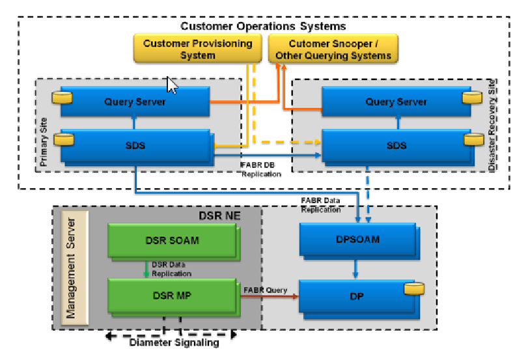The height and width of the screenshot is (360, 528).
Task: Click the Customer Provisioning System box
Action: pos(197,49)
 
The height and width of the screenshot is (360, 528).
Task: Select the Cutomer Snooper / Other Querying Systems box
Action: pos(333,49)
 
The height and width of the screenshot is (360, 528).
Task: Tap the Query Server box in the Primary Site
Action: pos(135,102)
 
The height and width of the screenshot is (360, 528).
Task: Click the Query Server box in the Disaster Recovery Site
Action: pos(396,102)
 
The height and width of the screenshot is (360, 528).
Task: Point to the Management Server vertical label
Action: pos(72,267)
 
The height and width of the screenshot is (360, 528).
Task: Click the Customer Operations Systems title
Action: pos(263,26)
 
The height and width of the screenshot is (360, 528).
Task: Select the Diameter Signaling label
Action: pos(174,343)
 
